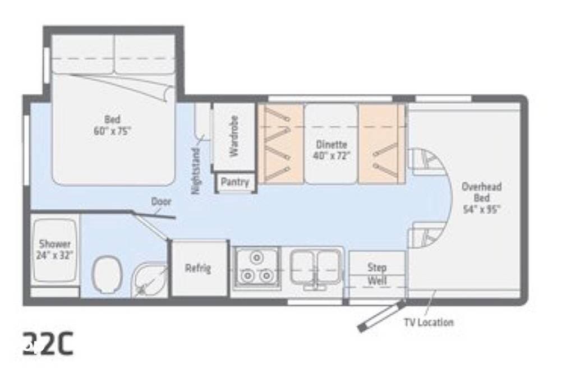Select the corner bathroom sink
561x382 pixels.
point(150,280)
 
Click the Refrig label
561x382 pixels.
point(198,268)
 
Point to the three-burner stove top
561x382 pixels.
point(256,268)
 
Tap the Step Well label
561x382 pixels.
point(377,274)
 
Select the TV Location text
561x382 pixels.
point(429,322)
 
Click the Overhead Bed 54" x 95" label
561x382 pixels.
point(481,198)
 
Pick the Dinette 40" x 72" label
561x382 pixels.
point(331,150)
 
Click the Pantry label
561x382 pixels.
point(235,182)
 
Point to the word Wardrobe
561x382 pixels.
point(234,136)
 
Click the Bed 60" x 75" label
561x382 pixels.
point(112,125)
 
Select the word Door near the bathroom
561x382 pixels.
point(161,201)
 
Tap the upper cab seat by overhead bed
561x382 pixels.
point(425,160)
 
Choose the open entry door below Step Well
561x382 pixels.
point(381,317)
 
